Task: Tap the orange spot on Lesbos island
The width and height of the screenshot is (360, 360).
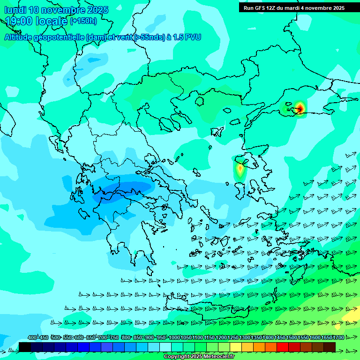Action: point(240,168)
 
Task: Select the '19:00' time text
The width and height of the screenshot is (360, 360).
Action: point(19,21)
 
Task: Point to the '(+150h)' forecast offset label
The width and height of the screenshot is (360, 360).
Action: point(83,21)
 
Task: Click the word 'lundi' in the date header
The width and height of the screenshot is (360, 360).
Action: point(15,10)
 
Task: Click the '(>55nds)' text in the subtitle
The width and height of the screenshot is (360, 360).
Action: point(149,37)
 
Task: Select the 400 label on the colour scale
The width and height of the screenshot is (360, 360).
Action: point(32,337)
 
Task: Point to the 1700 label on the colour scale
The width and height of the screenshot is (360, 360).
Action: point(338,337)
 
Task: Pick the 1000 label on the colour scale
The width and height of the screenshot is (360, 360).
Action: point(174,337)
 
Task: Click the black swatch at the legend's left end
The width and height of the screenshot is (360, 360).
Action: point(25,347)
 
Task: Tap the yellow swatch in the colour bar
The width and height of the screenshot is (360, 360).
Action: point(236,347)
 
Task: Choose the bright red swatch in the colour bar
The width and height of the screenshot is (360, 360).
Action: point(283,347)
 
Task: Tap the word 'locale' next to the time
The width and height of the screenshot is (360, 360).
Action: point(51,21)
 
